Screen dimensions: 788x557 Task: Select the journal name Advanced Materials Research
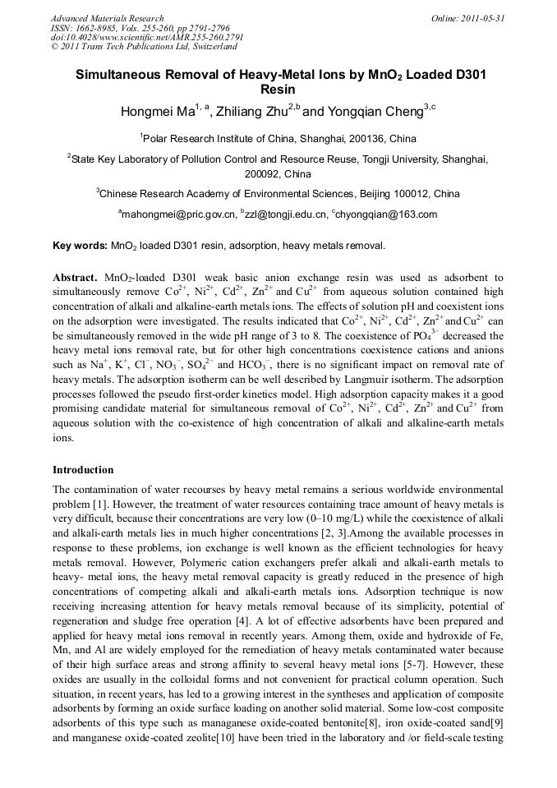[107, 18]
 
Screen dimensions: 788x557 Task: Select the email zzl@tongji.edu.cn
[285, 214]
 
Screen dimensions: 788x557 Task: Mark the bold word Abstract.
[75, 279]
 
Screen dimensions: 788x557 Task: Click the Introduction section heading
[83, 470]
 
